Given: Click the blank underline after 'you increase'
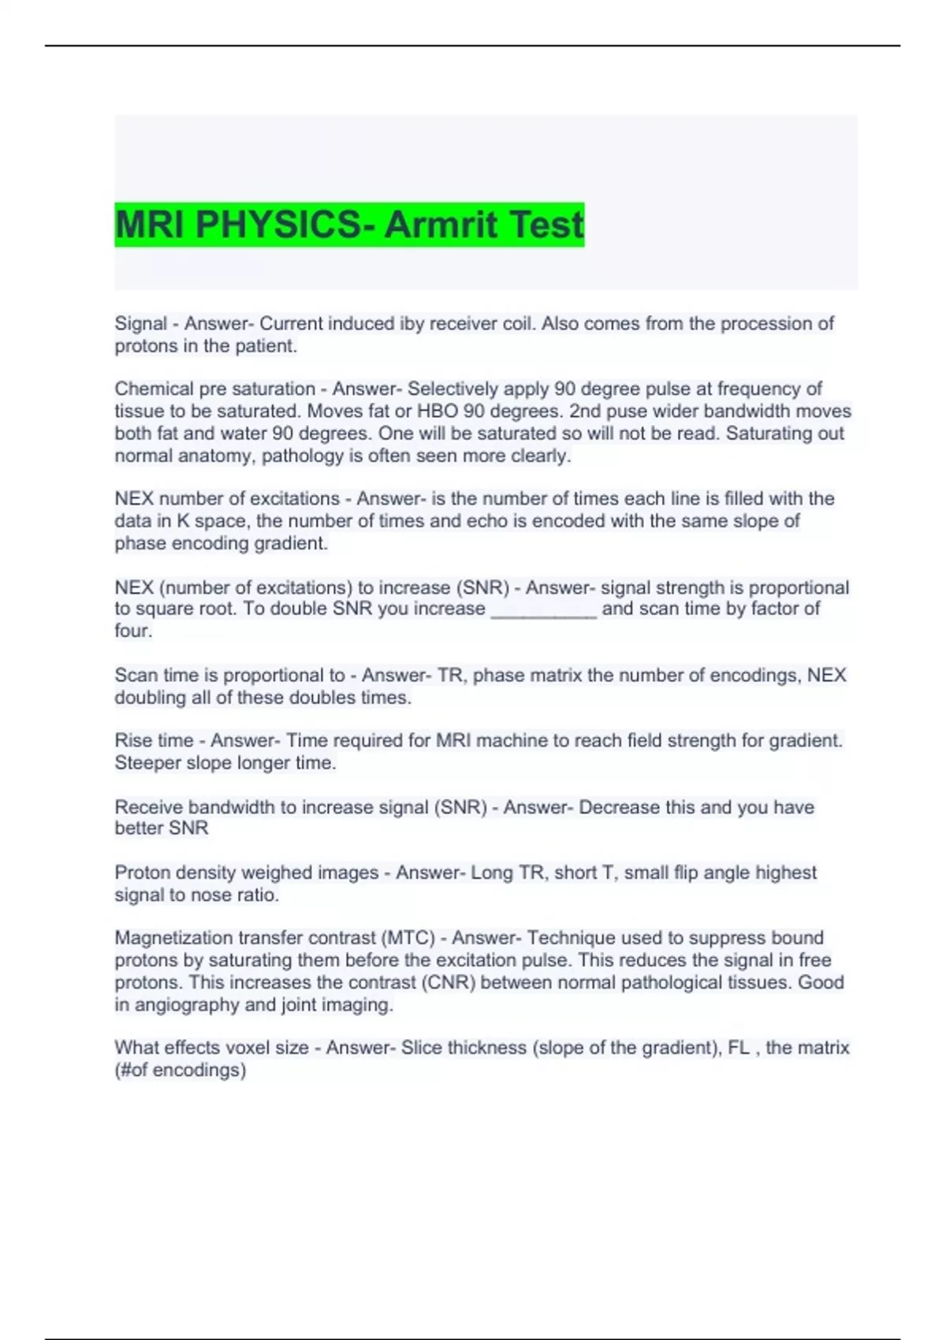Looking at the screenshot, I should (x=544, y=609).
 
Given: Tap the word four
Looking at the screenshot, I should (x=132, y=631).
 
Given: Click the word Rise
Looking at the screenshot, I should (x=132, y=741).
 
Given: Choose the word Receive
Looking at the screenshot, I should (x=148, y=807).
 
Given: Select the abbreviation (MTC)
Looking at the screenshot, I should (x=408, y=938).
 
